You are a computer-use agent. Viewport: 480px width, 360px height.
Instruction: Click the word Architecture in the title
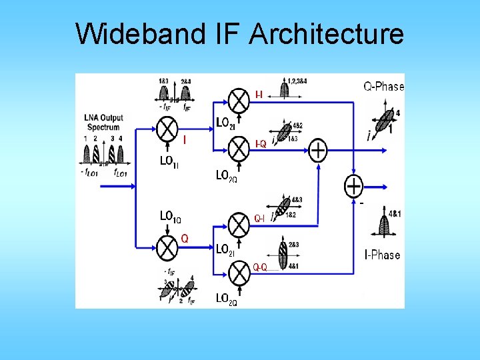(327, 33)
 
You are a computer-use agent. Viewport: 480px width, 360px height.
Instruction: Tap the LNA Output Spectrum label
(103, 123)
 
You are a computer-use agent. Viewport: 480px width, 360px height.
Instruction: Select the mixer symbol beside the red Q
(167, 249)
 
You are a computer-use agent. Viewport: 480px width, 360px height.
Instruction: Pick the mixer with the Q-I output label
(239, 224)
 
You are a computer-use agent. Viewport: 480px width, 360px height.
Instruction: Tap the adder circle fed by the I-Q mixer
(319, 151)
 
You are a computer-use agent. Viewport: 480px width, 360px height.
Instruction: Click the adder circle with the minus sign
(353, 185)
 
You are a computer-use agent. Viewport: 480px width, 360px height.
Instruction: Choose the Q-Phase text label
(383, 86)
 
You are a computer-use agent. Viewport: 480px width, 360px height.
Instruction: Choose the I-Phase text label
(382, 255)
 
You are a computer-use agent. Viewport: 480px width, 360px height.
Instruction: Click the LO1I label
(169, 161)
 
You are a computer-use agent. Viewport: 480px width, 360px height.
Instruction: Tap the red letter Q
(185, 238)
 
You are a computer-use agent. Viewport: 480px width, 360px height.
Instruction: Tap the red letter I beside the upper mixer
(185, 139)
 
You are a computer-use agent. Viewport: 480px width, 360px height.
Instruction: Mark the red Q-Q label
(260, 267)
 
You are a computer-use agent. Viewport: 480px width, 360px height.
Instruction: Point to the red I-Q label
(261, 144)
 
